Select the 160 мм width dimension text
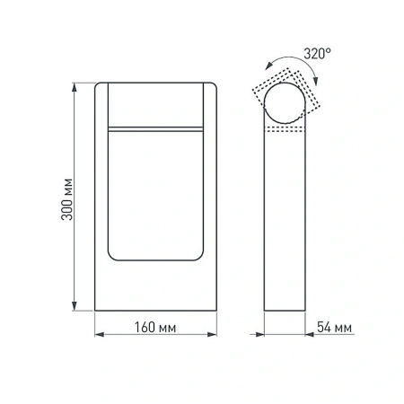(x=156, y=325)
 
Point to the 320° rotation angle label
(x=317, y=55)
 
